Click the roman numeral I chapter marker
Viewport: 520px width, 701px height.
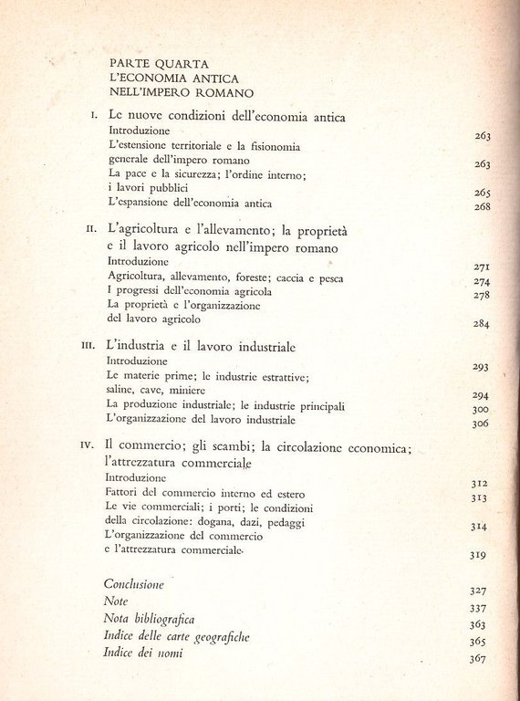tap(94, 117)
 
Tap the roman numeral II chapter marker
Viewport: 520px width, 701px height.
tap(90, 231)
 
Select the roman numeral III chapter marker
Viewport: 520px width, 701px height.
tap(88, 348)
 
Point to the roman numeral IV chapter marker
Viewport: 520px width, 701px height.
tap(88, 446)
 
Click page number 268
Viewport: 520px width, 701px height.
tap(483, 206)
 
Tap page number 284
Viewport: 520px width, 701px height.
tap(483, 324)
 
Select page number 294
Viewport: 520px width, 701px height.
tap(483, 395)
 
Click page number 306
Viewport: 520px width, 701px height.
tap(483, 424)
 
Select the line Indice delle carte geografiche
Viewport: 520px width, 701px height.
tap(177, 637)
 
